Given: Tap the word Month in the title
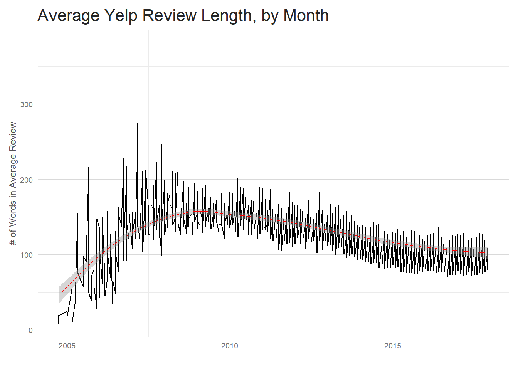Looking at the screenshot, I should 306,16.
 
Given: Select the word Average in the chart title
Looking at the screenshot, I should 69,16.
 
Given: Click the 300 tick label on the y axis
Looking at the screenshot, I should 26,104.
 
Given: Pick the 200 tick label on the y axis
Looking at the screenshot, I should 26,180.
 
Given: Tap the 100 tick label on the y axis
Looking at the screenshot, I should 26,255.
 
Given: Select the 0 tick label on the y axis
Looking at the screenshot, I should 30,330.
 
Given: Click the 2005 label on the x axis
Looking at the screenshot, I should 67,346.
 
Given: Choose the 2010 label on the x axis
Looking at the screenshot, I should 230,346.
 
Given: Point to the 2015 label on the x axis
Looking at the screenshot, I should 392,346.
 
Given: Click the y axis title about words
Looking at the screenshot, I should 13,183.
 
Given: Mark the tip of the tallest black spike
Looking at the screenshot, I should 121,44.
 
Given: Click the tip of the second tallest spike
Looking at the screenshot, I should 140,62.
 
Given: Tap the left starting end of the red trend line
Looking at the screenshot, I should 59,295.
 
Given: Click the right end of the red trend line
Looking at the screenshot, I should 488,253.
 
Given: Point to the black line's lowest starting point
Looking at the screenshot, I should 59,323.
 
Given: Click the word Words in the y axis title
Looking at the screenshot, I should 13,212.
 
